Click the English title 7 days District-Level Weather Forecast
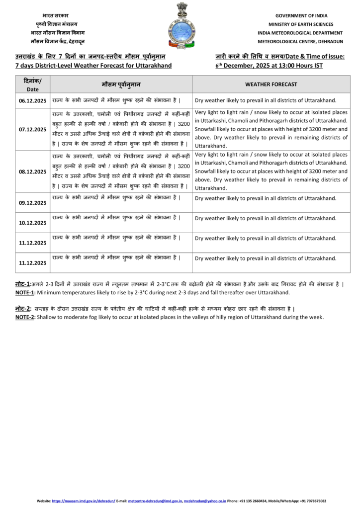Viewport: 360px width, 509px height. click(x=93, y=66)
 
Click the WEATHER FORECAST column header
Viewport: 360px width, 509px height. click(x=271, y=85)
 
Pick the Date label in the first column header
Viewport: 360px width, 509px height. click(x=32, y=90)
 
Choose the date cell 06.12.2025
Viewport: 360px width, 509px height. click(x=32, y=101)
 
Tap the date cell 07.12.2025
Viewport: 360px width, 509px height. click(x=32, y=129)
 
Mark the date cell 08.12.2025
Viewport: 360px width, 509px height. click(x=32, y=171)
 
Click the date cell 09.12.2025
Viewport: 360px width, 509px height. click(x=32, y=203)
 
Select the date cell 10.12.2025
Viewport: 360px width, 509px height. click(x=32, y=223)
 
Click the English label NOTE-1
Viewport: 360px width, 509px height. click(x=23, y=292)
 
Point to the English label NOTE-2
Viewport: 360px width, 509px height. click(x=23, y=317)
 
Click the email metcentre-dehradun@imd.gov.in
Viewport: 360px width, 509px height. click(x=154, y=501)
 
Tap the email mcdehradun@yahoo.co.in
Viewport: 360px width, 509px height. click(x=205, y=501)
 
